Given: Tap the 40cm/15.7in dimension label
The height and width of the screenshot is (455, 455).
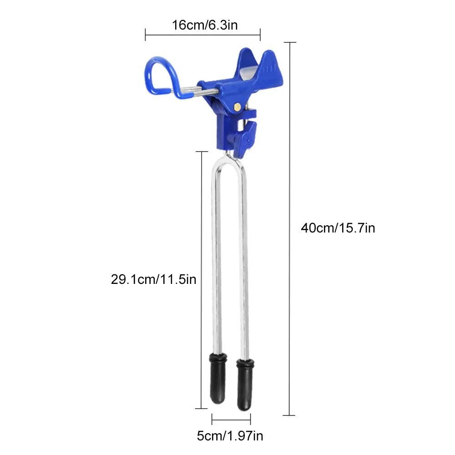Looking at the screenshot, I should (338, 227).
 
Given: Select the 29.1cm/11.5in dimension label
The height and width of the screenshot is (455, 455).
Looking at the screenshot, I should (153, 278).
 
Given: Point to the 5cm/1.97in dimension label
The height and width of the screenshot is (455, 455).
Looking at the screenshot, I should (230, 436).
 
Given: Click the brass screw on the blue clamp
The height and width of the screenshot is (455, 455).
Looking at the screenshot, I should (237, 106).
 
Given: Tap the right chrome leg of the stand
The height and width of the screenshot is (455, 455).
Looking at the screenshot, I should (244, 255).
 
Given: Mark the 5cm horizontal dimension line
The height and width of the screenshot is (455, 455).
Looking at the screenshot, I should (231, 419).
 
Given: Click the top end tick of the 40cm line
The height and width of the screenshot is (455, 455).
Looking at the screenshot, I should (289, 42).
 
